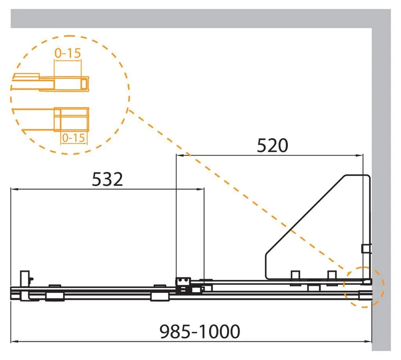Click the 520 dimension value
point(273,146)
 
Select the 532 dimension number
point(107,179)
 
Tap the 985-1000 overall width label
point(200,331)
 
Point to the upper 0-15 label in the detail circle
point(67,53)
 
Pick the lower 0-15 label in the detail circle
point(73,138)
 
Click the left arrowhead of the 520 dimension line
point(179,155)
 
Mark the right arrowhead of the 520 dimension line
point(360,155)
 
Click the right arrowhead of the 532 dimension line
point(201,189)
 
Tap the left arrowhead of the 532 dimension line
point(14,189)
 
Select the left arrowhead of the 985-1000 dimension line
point(14,341)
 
